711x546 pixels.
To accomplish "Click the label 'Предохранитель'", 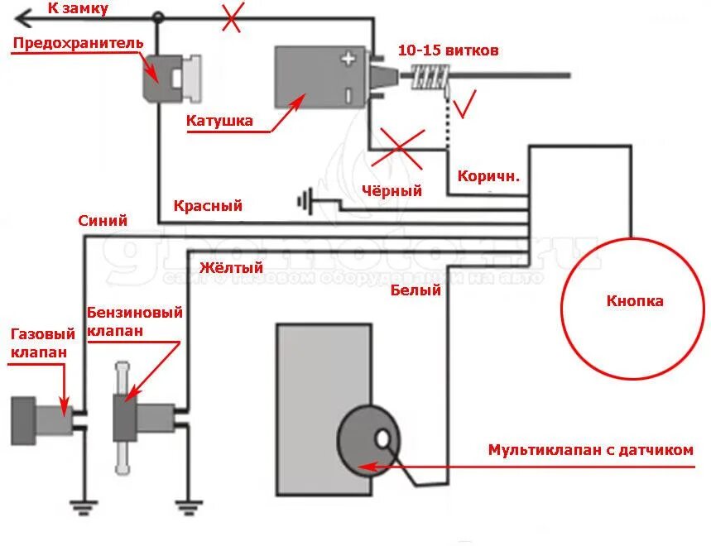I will [78, 42].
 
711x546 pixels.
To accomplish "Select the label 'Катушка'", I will [219, 121].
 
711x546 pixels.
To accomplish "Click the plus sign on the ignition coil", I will [348, 59].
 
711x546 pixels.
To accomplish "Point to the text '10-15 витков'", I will [449, 50].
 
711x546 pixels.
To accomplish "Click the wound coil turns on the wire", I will [430, 79].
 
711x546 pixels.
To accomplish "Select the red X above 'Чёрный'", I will [400, 150].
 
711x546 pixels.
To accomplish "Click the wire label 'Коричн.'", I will [488, 176].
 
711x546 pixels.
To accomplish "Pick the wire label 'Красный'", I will [208, 206].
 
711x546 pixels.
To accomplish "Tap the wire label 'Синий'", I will [103, 221].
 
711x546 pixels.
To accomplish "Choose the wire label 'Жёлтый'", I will [231, 267].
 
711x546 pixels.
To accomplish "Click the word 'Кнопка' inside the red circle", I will [635, 301].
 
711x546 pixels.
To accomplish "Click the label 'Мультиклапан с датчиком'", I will [590, 450].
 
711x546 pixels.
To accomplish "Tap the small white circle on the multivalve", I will [384, 438].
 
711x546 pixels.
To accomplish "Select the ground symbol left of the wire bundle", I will [306, 200].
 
